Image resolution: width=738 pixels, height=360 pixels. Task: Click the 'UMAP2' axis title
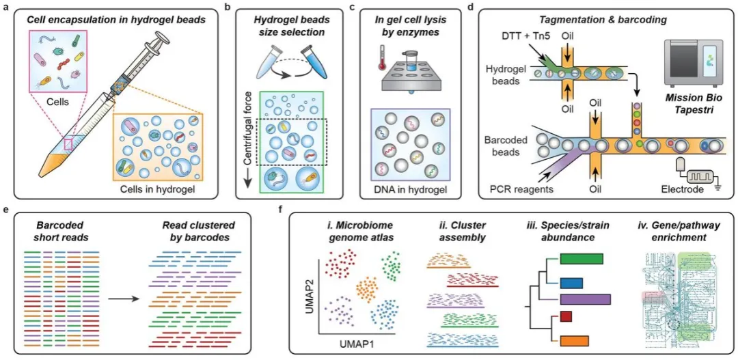pyautogui.click(x=310, y=303)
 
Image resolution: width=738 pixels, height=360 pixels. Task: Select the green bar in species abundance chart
pyautogui.click(x=582, y=258)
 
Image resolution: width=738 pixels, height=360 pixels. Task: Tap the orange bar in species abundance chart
pyautogui.click(x=574, y=341)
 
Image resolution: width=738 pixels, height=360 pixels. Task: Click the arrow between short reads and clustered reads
pyautogui.click(x=123, y=298)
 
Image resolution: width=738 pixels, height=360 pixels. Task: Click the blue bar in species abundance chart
pyautogui.click(x=571, y=282)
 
